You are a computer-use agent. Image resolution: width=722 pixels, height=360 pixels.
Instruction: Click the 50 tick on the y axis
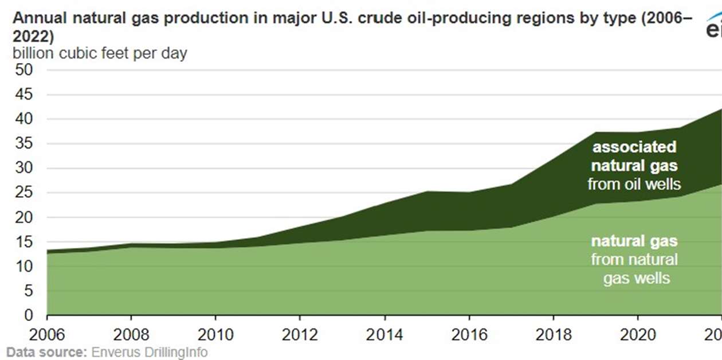tap(25, 70)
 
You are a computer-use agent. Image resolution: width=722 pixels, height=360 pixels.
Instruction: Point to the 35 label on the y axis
tap(25, 144)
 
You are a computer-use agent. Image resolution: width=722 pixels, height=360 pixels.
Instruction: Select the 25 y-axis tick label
tap(25, 193)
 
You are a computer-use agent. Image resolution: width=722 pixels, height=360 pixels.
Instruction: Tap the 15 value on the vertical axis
tap(25, 242)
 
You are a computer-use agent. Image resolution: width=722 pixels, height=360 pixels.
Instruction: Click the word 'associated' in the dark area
tap(634, 147)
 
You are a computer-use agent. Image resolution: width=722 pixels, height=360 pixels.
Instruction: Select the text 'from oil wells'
tap(634, 184)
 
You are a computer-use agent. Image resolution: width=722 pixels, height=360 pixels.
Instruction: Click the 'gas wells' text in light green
tap(636, 278)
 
